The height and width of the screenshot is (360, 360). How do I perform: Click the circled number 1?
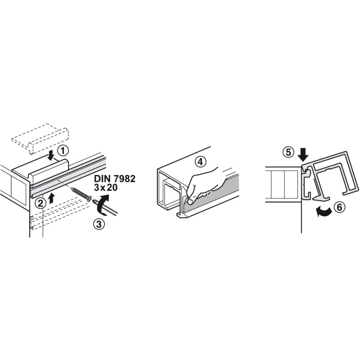click(x=63, y=151)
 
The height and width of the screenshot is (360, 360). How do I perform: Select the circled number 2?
click(x=40, y=203)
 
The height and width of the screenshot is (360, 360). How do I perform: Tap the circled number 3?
click(x=99, y=224)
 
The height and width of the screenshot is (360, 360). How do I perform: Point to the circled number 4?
click(x=200, y=162)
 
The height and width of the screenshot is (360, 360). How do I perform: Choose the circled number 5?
click(x=288, y=152)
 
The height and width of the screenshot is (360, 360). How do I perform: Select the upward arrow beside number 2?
click(x=52, y=198)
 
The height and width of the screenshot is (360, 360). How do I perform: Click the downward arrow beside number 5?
click(x=303, y=155)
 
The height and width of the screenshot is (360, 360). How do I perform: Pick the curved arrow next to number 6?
click(x=324, y=211)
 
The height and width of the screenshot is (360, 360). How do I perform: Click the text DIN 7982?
click(x=115, y=179)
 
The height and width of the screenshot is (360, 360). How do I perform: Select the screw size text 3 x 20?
click(x=106, y=188)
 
